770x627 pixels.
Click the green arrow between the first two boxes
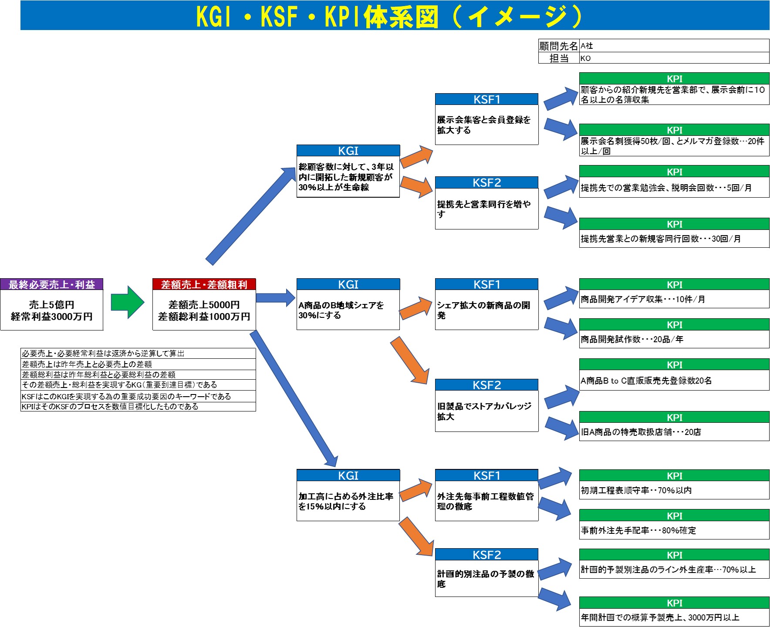[x=127, y=302]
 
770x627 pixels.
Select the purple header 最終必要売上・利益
[x=52, y=285]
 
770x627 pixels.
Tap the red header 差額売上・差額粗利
[x=204, y=285]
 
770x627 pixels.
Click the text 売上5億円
[x=52, y=305]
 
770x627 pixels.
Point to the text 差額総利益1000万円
[x=204, y=317]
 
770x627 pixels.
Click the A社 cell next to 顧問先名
[x=673, y=46]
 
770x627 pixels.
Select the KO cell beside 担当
[x=673, y=58]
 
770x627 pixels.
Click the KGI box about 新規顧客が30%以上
[x=348, y=177]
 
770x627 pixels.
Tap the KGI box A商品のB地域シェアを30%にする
[x=348, y=310]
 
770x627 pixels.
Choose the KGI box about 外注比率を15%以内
[x=348, y=501]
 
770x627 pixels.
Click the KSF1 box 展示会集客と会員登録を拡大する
[x=486, y=125]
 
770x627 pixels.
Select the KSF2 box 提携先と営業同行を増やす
[x=486, y=209]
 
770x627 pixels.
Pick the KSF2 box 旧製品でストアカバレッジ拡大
[x=486, y=411]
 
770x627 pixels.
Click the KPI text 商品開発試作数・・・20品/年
[x=632, y=339]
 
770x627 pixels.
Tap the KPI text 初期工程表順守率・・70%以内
[x=636, y=490]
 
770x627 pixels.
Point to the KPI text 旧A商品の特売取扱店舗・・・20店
[x=641, y=432]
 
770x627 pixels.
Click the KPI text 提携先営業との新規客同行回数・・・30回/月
[x=660, y=239]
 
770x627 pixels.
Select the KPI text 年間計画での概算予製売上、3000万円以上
[x=660, y=617]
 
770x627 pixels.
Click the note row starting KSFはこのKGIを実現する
[x=126, y=396]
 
